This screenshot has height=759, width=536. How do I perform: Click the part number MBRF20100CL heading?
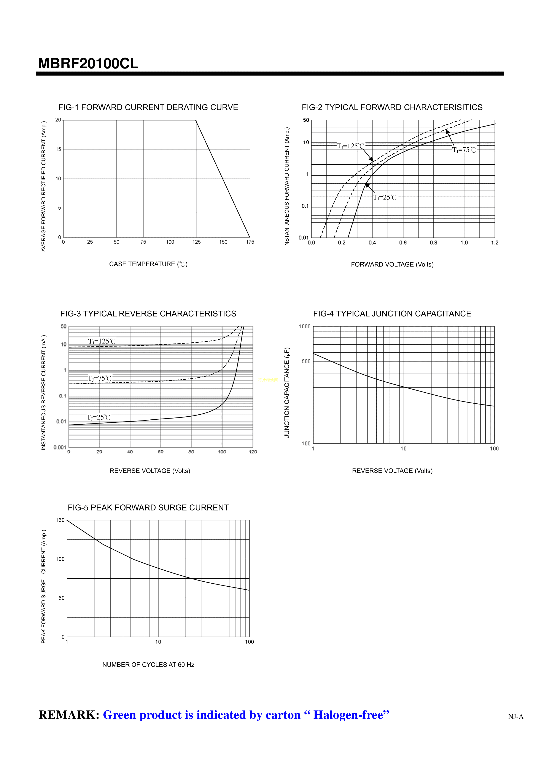pos(88,63)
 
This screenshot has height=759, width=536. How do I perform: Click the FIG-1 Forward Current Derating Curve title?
pos(148,108)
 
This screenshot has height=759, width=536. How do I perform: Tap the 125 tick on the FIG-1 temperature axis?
pos(197,242)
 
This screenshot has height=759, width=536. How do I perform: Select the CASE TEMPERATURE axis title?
pos(148,264)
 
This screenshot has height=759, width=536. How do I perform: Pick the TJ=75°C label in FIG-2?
pos(464,150)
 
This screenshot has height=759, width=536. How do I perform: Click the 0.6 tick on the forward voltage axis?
pos(403,243)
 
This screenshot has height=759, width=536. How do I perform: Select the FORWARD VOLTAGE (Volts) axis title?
pos(392,265)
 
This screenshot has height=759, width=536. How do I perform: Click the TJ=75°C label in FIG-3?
pos(99,379)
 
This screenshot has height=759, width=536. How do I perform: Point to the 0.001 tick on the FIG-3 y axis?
pos(60,447)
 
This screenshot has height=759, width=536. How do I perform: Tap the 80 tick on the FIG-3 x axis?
pos(191,452)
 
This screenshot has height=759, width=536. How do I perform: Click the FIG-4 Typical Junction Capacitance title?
pos(392,314)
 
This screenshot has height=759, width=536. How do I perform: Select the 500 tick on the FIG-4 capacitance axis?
pos(306,362)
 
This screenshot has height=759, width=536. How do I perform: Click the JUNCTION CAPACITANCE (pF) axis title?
pos(287,392)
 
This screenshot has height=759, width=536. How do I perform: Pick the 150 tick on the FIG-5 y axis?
pos(60,520)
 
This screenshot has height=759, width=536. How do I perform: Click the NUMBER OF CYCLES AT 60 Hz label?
pos(148,665)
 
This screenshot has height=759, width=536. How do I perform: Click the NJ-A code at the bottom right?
pos(515,717)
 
